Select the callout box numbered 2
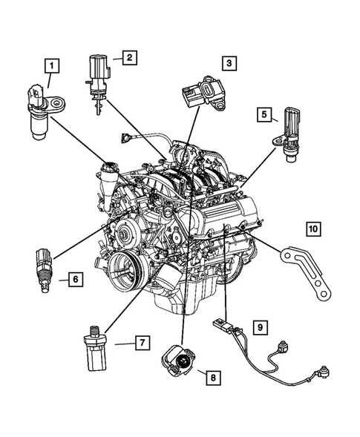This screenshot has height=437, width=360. (129, 56)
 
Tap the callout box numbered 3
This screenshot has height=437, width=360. (229, 64)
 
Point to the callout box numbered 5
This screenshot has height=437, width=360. (264, 114)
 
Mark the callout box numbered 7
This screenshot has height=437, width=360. (139, 342)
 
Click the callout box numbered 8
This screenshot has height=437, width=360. (213, 378)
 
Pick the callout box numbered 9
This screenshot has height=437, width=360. (260, 326)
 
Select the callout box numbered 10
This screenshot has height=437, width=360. (314, 229)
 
